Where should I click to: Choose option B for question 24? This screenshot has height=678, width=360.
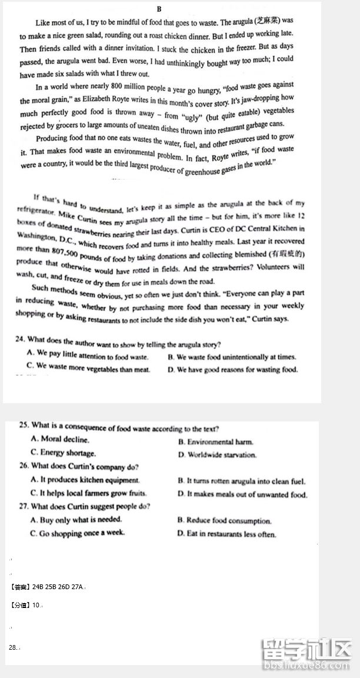point(232,357)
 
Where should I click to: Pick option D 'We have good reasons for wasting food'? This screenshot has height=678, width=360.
point(232,370)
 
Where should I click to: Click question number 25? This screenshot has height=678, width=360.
point(24,425)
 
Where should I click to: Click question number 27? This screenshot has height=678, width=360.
point(24,506)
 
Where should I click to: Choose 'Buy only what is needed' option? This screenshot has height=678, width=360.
point(76,520)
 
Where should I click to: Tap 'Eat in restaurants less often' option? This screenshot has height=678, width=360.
point(226,534)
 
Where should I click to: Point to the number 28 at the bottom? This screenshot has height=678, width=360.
point(12,647)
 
